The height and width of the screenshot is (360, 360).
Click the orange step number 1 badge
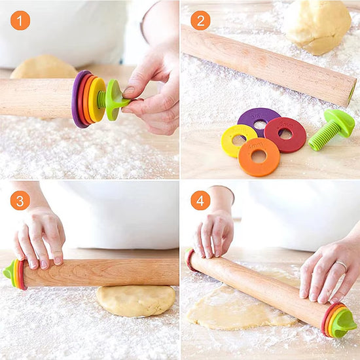pyautogui.click(x=20, y=20)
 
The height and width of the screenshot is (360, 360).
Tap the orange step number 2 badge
pyautogui.click(x=200, y=20)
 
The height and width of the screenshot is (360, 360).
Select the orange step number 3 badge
pyautogui.click(x=20, y=200)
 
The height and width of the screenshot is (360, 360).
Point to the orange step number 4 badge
pyautogui.click(x=200, y=200)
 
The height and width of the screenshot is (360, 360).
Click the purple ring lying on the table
pyautogui.click(x=259, y=118)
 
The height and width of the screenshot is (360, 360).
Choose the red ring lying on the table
pyautogui.click(x=285, y=134)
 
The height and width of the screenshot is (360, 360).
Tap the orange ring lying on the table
pyautogui.click(x=259, y=157)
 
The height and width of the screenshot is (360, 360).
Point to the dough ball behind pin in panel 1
pyautogui.click(x=43, y=67)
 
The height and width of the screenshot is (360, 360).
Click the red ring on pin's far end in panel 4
pyautogui.click(x=190, y=261)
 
